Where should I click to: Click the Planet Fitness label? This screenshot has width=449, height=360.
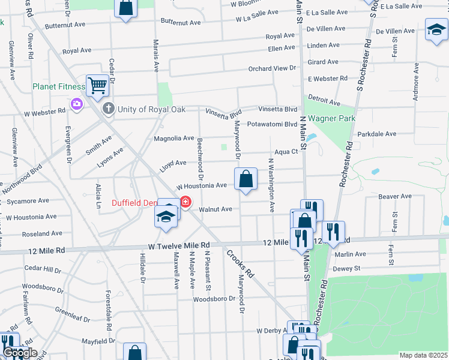pos(59,86)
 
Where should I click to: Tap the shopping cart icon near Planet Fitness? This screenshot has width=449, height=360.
pos(97,85)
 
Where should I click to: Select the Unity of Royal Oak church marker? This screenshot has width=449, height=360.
pos(108,109)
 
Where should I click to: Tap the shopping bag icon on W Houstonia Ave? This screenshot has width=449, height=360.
pos(246,179)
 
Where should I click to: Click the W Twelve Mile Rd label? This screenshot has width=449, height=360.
pos(179,245)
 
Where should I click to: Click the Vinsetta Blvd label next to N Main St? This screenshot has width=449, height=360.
pos(277,109)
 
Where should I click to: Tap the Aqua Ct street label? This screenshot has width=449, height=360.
pos(286,152)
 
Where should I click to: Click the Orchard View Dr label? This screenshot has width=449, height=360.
pos(273,69)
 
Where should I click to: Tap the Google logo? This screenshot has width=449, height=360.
pos(20,353)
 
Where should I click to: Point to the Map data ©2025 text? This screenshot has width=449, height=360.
pos(423,355)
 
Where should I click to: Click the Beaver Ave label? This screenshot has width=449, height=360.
pos(394,196)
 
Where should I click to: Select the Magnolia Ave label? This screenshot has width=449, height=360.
pos(174,139)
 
